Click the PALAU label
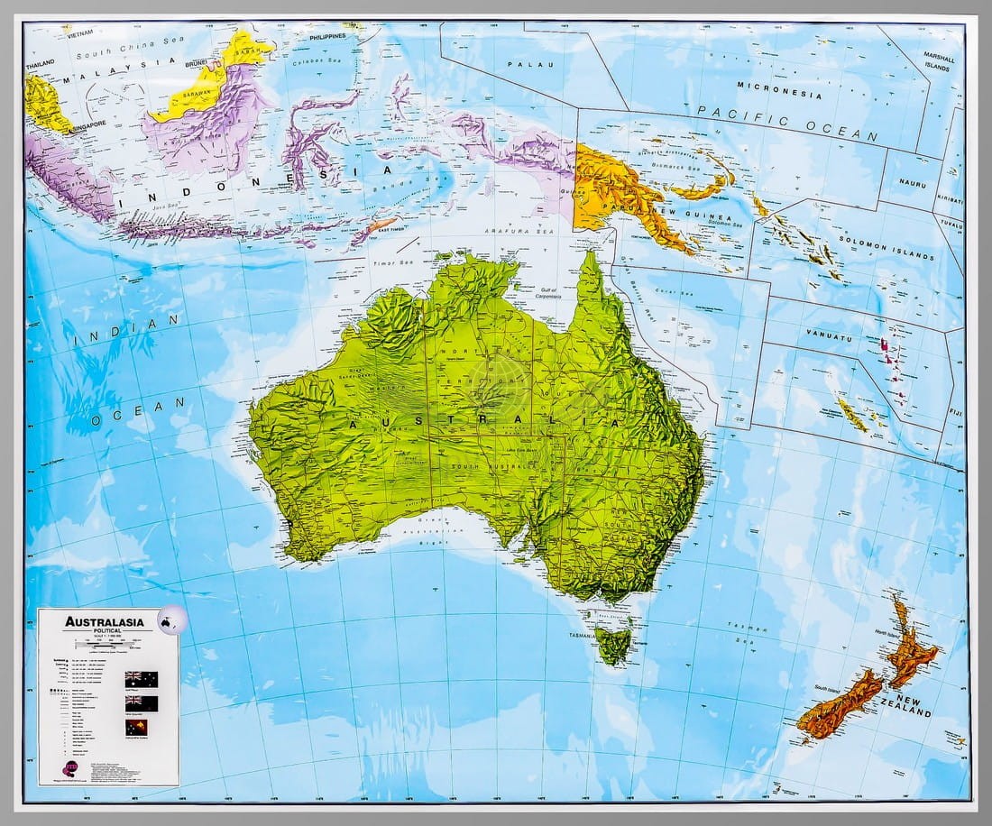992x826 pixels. [523, 65]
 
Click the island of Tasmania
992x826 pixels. [613, 644]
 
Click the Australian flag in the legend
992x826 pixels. [141, 678]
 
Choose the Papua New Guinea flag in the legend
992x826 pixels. [141, 727]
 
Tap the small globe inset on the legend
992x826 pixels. [169, 620]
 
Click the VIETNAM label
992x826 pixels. [80, 30]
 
